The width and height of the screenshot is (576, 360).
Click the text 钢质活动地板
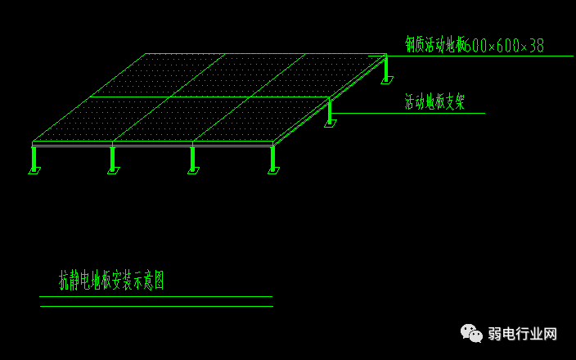(x=434, y=44)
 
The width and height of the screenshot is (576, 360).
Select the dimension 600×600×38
(x=505, y=46)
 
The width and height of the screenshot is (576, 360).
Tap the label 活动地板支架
(x=434, y=101)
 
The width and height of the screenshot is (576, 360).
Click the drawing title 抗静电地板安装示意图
(x=111, y=281)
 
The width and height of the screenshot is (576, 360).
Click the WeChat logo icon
(x=471, y=333)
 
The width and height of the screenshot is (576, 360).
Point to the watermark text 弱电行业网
(x=522, y=334)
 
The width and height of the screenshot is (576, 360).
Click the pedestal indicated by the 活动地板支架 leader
(x=330, y=112)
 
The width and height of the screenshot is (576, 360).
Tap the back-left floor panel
(x=139, y=75)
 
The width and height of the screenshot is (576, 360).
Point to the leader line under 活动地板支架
(x=409, y=113)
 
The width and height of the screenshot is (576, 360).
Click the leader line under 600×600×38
(x=491, y=56)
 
